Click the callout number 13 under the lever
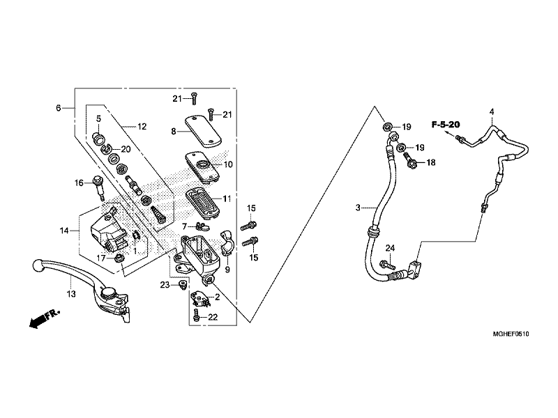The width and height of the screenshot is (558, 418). click(71, 294)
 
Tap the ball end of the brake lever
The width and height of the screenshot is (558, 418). click(38, 265)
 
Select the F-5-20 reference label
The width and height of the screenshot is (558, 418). click(446, 125)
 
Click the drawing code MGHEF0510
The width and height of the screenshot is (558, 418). click(511, 334)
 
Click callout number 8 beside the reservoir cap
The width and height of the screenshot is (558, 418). click(174, 132)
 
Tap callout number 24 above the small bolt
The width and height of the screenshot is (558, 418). click(391, 248)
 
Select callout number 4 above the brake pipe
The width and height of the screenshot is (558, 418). click(492, 111)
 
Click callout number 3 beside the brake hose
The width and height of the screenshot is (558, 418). click(358, 208)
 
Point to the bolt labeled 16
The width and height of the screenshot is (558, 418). click(98, 188)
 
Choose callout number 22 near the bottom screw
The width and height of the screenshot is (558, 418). click(213, 317)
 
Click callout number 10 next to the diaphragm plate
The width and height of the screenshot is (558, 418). click(228, 164)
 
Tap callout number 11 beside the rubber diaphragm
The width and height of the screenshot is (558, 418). click(227, 199)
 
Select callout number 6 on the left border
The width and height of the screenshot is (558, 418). click(59, 108)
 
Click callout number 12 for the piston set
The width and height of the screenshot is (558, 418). click(142, 127)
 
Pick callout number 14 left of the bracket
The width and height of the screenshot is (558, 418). click(64, 231)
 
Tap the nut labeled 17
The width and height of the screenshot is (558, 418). click(119, 258)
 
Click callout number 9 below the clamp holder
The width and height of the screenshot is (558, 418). click(227, 270)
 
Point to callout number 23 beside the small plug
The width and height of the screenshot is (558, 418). click(165, 285)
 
